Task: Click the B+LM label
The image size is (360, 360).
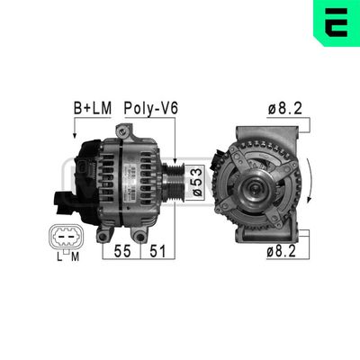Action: (91, 108)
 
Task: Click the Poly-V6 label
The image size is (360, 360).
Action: (152, 108)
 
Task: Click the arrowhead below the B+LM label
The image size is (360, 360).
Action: (72, 133)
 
